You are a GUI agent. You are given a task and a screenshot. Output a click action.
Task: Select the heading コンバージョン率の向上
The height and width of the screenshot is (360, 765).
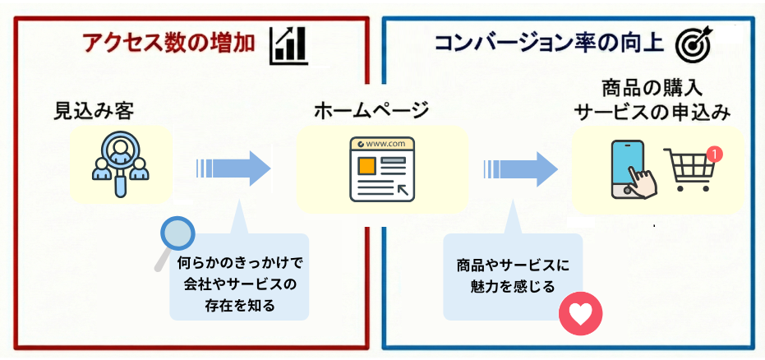(x=549, y=42)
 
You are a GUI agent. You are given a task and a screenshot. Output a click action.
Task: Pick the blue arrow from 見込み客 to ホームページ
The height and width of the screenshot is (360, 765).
(x=234, y=168)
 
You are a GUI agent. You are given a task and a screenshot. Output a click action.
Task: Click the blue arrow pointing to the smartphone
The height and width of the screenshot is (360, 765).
(x=522, y=168)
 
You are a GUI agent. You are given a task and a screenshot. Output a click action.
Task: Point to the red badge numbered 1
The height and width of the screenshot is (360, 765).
(x=715, y=154)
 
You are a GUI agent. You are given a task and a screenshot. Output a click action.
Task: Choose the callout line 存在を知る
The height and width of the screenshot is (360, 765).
(x=240, y=306)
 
